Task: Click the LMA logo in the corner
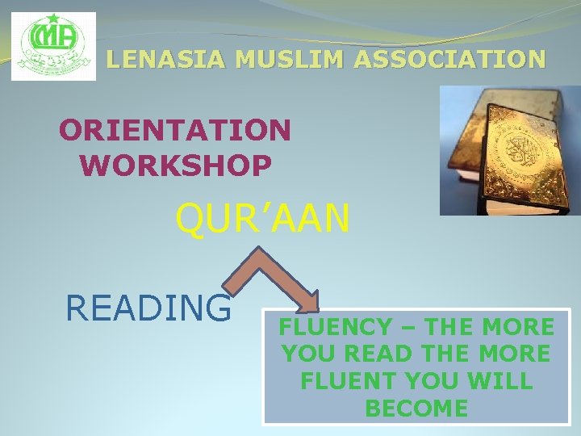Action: click(53, 46)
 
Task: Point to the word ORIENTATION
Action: click(175, 129)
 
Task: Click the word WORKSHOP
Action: click(175, 166)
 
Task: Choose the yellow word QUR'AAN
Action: click(263, 220)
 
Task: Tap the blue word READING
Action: click(148, 307)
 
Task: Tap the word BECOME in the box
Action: click(416, 408)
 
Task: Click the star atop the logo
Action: click(54, 19)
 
